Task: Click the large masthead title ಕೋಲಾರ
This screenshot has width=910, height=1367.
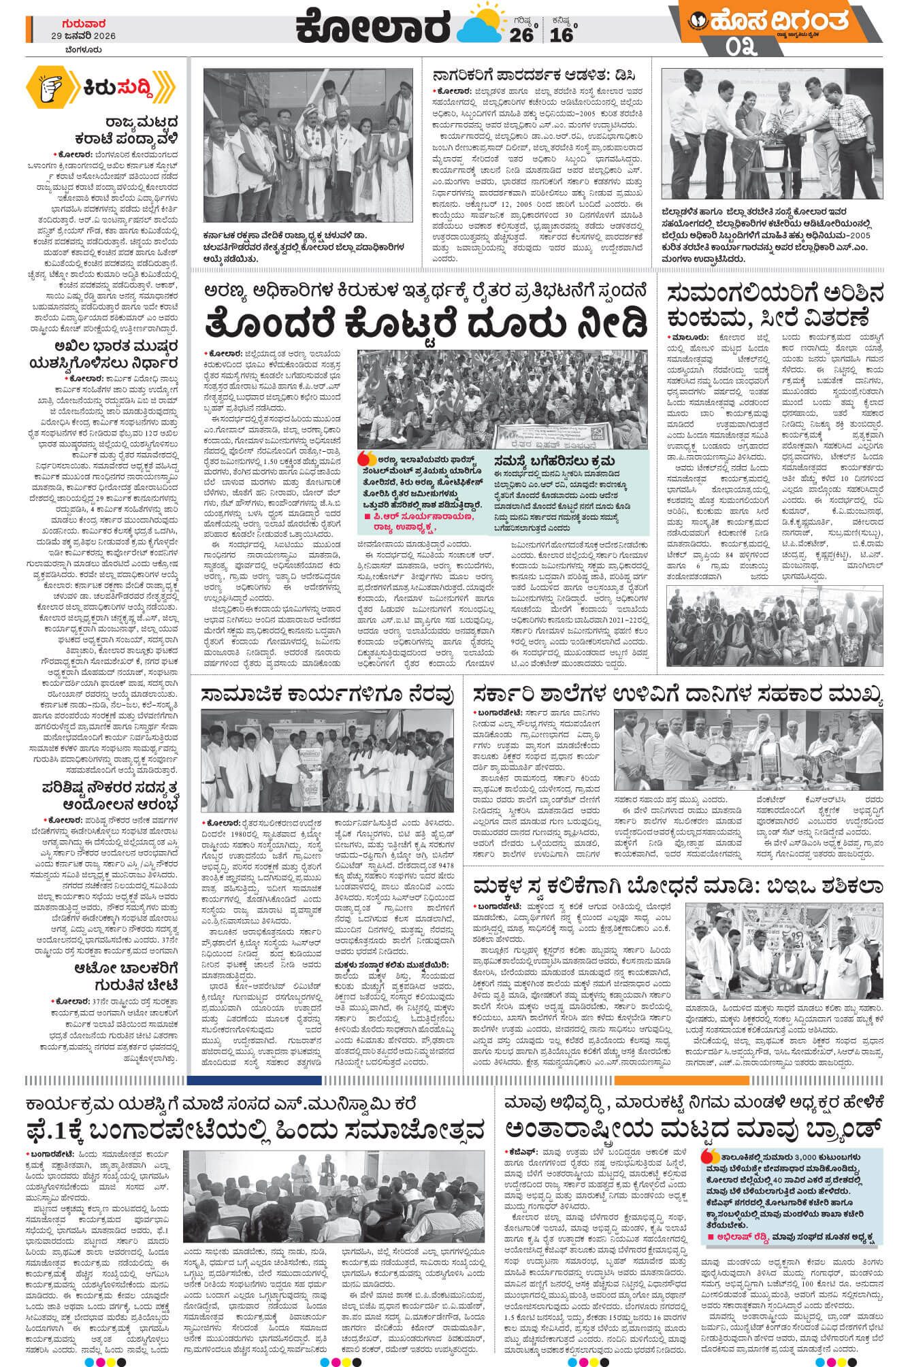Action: [374, 27]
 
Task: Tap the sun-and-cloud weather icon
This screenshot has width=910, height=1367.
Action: [480, 27]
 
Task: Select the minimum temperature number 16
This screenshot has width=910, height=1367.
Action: [562, 35]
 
